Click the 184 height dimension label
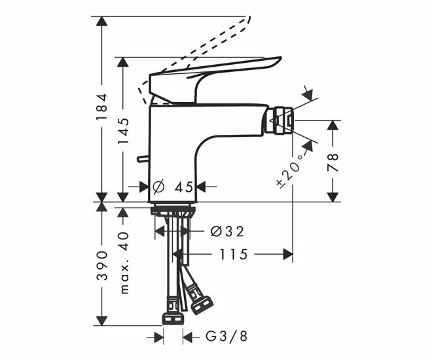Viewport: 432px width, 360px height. point(101,107)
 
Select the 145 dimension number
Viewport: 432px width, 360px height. point(123,130)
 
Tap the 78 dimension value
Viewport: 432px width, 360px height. point(333,162)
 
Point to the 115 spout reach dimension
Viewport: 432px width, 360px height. point(234,254)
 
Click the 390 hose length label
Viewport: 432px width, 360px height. point(101,265)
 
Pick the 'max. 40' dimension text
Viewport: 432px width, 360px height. point(124,263)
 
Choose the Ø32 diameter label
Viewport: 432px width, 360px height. point(227,231)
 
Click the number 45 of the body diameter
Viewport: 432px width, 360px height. point(184,187)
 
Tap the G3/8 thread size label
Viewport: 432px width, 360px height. point(226,336)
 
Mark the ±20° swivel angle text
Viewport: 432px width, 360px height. point(290,171)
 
